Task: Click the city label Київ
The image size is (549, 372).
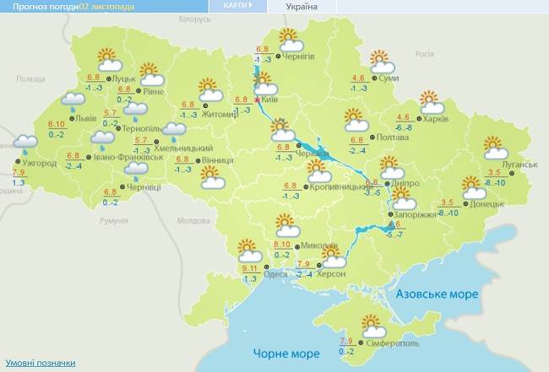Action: tap(270, 100)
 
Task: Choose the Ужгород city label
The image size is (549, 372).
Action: tap(39, 163)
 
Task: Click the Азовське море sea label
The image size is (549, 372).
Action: tap(438, 294)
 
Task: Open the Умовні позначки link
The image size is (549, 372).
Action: tap(40, 363)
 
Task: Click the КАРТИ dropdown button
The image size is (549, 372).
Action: tap(238, 5)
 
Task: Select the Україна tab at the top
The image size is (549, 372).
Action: tap(302, 6)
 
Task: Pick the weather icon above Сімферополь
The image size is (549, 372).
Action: tap(371, 324)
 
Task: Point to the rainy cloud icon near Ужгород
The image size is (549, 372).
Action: tap(26, 144)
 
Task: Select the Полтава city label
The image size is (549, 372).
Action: tap(379, 137)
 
